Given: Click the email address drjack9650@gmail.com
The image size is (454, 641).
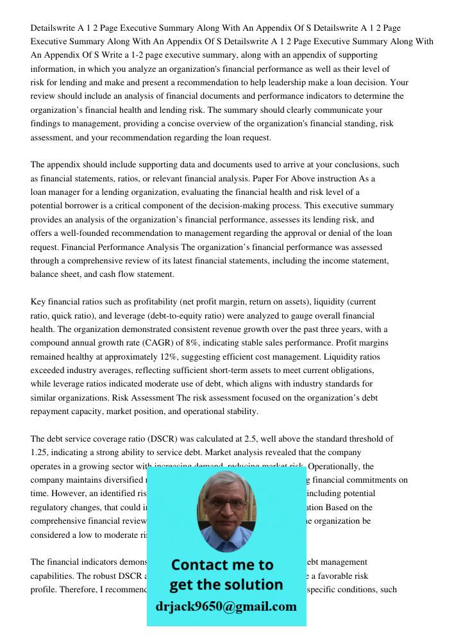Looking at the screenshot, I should tap(226, 606).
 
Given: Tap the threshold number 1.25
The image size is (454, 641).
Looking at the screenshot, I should tap(40, 453).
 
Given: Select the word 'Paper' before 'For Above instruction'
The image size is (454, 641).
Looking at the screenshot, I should tap(249, 178).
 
